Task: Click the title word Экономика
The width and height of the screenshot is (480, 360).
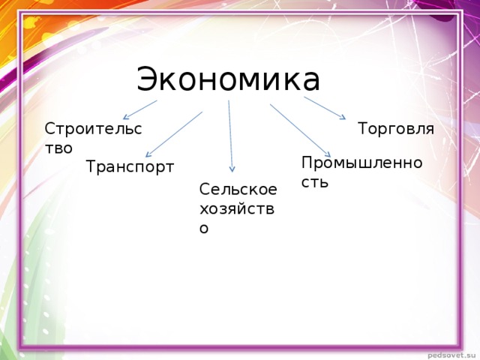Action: coord(228,79)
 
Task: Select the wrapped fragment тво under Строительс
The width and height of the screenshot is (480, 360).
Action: coord(59,148)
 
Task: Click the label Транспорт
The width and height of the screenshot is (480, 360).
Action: coord(130,166)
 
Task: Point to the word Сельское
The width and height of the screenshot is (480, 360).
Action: coord(238,190)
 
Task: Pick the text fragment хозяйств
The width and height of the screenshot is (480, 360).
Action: coord(236,209)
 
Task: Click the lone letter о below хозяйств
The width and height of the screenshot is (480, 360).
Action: coord(204,228)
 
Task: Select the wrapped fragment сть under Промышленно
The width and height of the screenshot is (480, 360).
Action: coord(315,181)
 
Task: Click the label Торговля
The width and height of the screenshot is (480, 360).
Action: coord(396,129)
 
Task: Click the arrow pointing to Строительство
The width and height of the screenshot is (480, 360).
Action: coord(140,109)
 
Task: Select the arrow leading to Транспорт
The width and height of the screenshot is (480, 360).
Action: coord(174,135)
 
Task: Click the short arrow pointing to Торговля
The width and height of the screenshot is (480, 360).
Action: coord(324,108)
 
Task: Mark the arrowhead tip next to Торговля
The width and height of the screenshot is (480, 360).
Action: coord(343,118)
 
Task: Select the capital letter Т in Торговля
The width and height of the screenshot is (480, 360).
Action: coord(363,129)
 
